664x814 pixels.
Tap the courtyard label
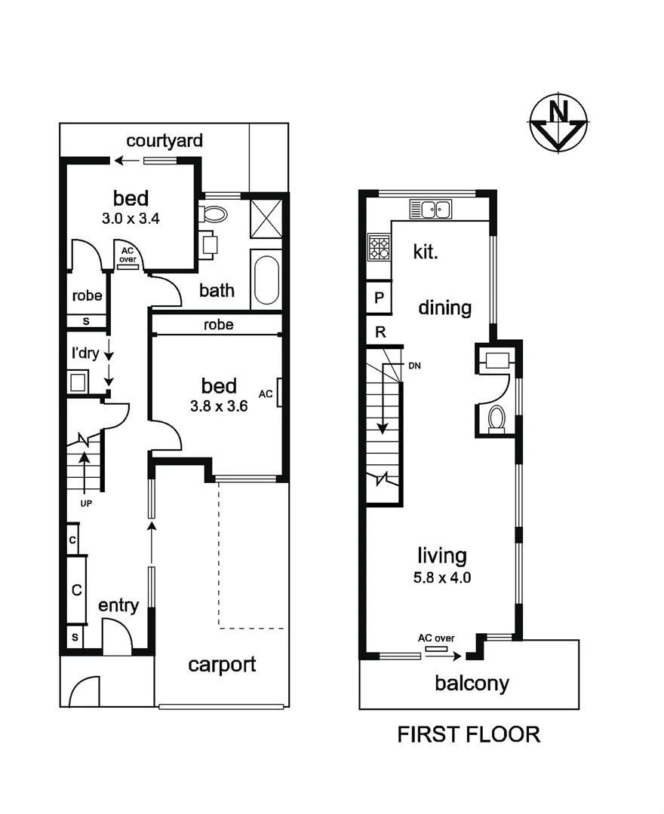pyautogui.click(x=164, y=141)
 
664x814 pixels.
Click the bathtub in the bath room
pyautogui.click(x=265, y=281)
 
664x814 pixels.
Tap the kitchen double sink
pyautogui.click(x=431, y=209)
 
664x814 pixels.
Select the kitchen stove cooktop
pyautogui.click(x=377, y=246)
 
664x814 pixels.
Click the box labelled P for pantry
pyautogui.click(x=380, y=298)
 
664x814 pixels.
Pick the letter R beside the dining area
pyautogui.click(x=380, y=331)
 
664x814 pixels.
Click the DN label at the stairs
pyautogui.click(x=414, y=366)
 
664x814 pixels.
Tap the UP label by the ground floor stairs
pyautogui.click(x=85, y=503)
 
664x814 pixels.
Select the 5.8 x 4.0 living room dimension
pyautogui.click(x=442, y=580)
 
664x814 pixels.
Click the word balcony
pyautogui.click(x=472, y=684)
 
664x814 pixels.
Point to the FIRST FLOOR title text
pyautogui.click(x=469, y=734)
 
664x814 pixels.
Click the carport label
pyautogui.click(x=222, y=664)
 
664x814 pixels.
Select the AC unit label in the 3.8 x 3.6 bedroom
pyautogui.click(x=266, y=393)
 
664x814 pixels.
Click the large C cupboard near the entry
pyautogui.click(x=76, y=589)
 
